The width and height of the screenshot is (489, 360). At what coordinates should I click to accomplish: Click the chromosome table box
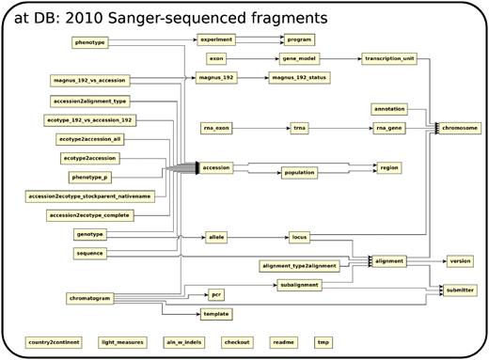coord(460,128)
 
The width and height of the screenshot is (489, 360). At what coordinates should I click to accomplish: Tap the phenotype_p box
coord(91,177)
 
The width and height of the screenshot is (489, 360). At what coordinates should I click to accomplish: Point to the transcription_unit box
coord(388,58)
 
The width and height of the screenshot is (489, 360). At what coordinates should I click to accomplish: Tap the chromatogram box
coord(91,299)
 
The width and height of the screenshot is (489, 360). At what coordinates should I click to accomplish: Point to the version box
coord(460,260)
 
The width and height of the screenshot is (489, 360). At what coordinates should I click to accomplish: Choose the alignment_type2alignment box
coord(298,266)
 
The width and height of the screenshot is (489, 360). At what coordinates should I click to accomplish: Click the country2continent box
coord(52,341)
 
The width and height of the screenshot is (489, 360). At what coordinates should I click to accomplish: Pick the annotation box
coord(388,109)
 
